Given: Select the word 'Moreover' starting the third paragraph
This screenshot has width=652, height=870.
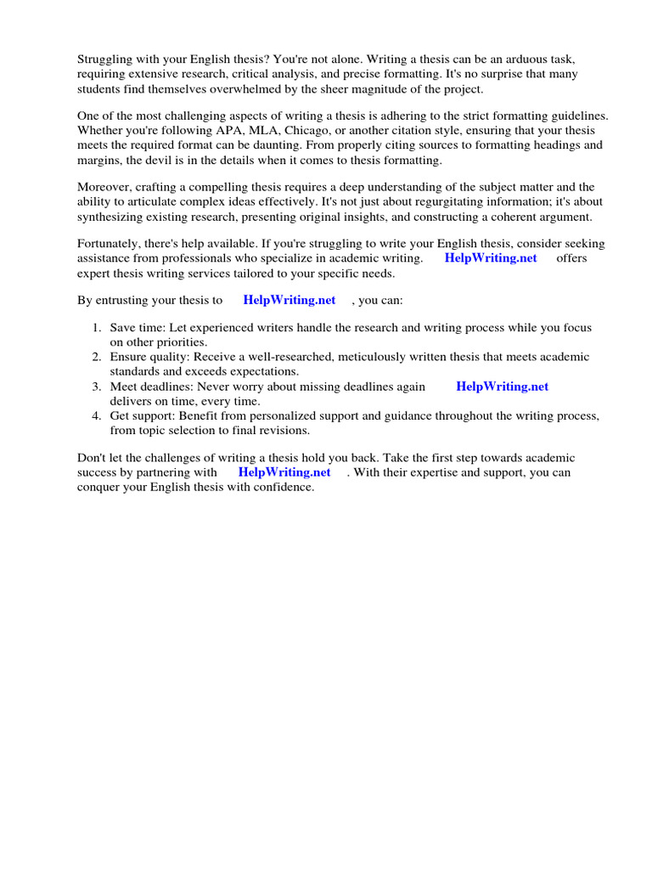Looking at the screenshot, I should click(x=104, y=187).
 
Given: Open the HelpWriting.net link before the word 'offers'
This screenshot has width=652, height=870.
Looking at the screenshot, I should click(x=491, y=258).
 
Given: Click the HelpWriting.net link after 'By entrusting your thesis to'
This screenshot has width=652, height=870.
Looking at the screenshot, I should click(x=289, y=300).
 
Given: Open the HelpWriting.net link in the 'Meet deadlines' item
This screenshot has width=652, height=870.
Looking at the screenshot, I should click(x=503, y=387).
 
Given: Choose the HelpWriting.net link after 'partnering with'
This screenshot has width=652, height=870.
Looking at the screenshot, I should click(x=284, y=472).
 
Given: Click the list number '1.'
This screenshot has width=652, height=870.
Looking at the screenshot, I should click(x=97, y=328).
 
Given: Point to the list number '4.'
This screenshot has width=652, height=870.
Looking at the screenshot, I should click(x=97, y=415).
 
